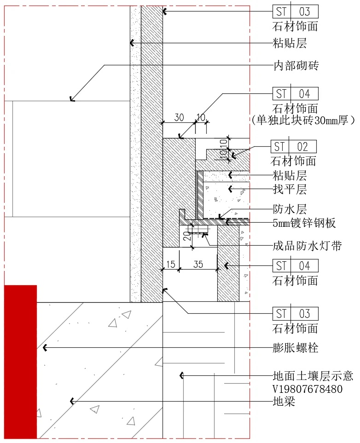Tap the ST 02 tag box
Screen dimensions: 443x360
tap(293, 147)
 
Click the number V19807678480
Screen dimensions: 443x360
tap(308, 389)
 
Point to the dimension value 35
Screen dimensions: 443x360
tap(198, 264)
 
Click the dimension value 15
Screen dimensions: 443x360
tap(170, 264)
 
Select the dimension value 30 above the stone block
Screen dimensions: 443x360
tap(179, 117)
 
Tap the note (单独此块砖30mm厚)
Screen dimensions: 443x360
tap(304, 121)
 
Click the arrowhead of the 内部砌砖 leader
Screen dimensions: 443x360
tap(71, 98)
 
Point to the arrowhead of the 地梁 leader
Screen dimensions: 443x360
tap(72, 402)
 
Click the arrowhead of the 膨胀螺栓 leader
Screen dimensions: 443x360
tap(44, 348)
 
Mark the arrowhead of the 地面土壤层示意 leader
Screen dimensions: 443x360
tap(181, 376)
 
